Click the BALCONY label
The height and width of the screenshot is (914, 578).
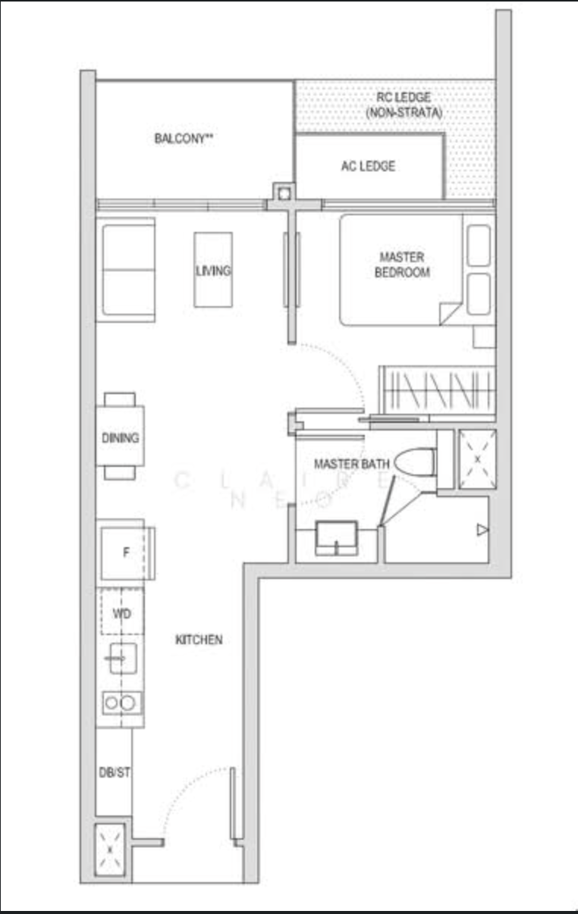pyautogui.click(x=184, y=139)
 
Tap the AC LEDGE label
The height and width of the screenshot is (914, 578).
pyautogui.click(x=368, y=166)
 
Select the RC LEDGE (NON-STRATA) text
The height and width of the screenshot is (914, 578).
pyautogui.click(x=404, y=105)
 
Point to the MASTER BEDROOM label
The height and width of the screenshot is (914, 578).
pyautogui.click(x=402, y=264)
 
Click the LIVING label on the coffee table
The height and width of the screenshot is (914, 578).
pyautogui.click(x=213, y=271)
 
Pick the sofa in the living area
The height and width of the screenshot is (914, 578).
pyautogui.click(x=125, y=270)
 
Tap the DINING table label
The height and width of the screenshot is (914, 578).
pyautogui.click(x=120, y=438)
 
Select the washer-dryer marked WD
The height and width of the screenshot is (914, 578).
pyautogui.click(x=122, y=611)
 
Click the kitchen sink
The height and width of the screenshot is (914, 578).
pyautogui.click(x=123, y=658)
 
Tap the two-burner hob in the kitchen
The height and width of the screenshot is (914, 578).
pyautogui.click(x=121, y=703)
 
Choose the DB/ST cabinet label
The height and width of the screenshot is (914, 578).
pyautogui.click(x=115, y=772)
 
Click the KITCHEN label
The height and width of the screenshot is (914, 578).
pyautogui.click(x=199, y=640)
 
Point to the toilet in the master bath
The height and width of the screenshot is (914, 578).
pyautogui.click(x=416, y=462)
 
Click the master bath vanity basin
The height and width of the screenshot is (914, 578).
pyautogui.click(x=336, y=538)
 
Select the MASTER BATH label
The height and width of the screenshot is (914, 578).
pyautogui.click(x=352, y=464)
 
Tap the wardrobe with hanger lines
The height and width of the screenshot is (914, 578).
pyautogui.click(x=437, y=390)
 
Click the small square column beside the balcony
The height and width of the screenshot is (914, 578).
pyautogui.click(x=284, y=193)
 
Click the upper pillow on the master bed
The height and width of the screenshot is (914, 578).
pyautogui.click(x=479, y=246)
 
